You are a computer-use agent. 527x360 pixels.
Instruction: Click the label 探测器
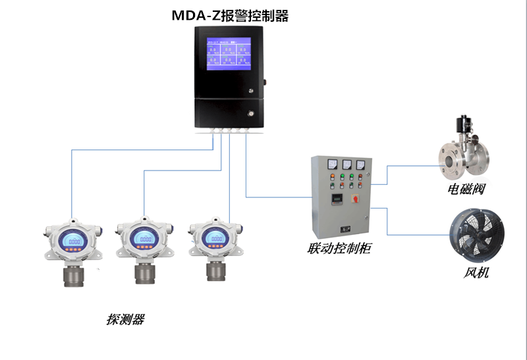point(125,320)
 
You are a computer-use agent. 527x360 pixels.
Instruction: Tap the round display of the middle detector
point(145,240)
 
